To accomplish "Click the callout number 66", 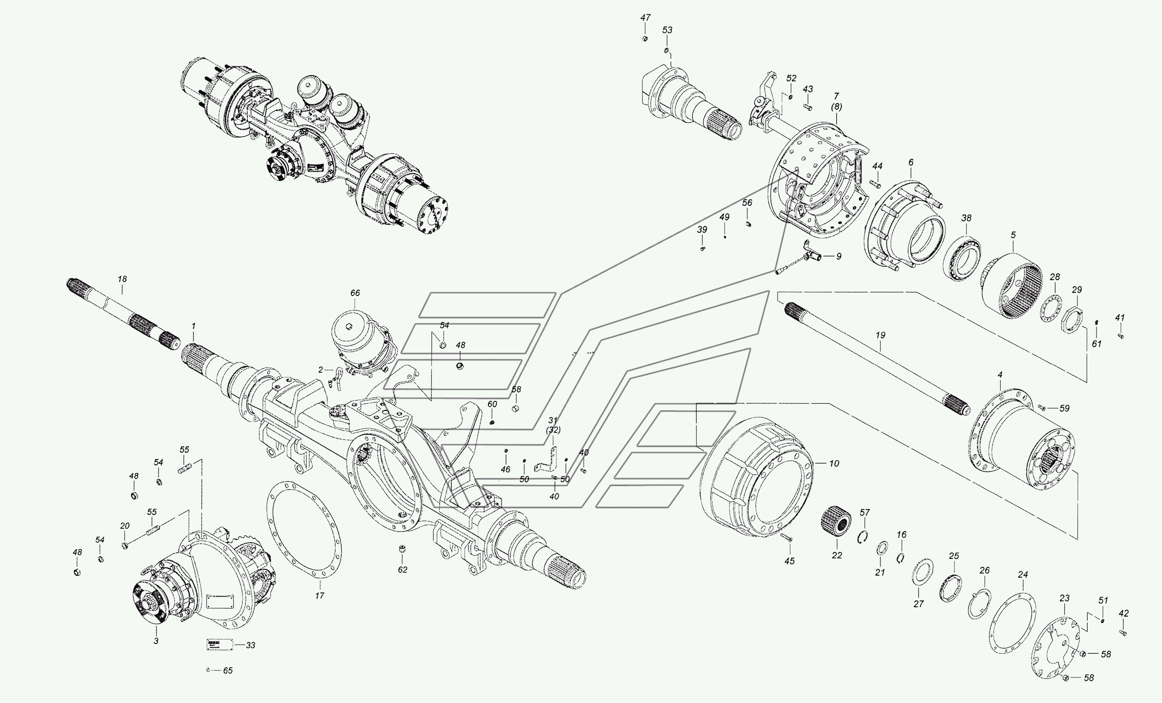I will [x=355, y=293].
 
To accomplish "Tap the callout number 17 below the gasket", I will [x=320, y=596].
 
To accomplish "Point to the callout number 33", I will [x=251, y=645].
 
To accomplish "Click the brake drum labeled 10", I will [x=754, y=476].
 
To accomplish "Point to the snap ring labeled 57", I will [x=863, y=537].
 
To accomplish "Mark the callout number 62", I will [x=402, y=570].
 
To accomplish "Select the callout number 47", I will [x=645, y=18].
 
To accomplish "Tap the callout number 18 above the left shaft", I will [x=122, y=279].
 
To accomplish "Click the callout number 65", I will [x=228, y=670].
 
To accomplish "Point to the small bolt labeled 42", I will [x=1122, y=632].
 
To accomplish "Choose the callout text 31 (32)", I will [x=553, y=425].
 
